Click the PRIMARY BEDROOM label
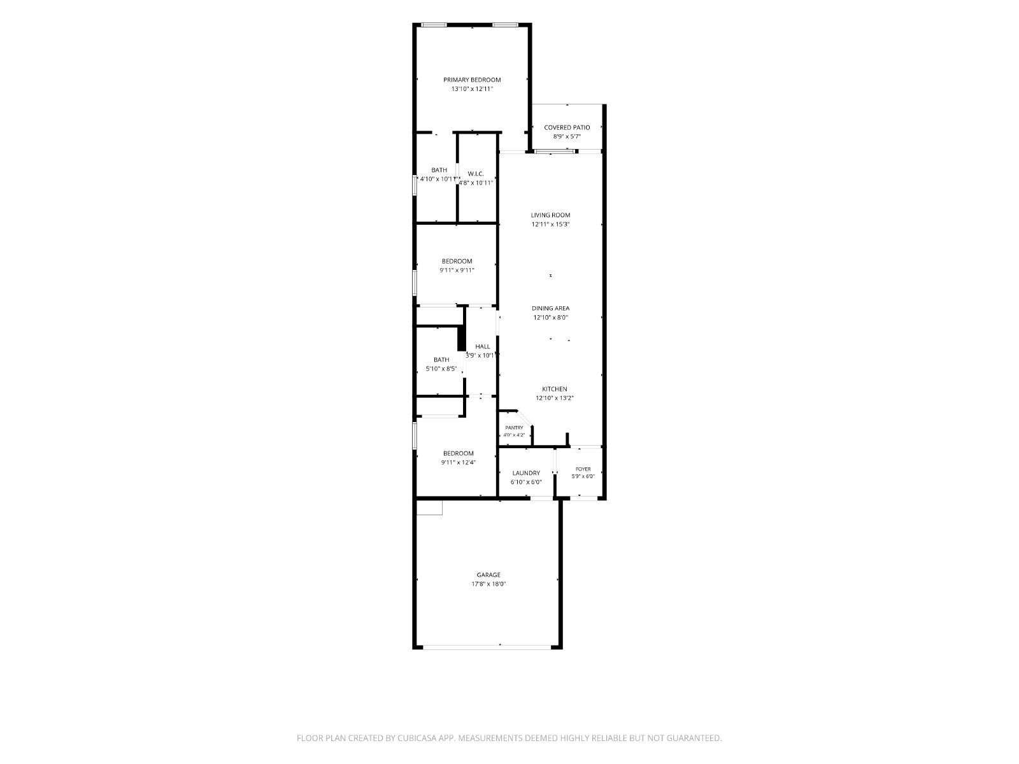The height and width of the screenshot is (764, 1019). point(472,80)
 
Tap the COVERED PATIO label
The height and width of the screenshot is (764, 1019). point(567,127)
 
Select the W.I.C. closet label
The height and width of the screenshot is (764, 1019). point(476,174)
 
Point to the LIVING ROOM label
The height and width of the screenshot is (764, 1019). point(551,215)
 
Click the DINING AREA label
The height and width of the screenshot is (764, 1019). point(551,309)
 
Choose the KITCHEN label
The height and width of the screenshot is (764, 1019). point(555,389)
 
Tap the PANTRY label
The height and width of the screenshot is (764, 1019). point(515,428)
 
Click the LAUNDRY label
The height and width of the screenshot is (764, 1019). point(527,473)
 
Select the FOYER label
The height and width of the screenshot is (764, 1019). point(583,469)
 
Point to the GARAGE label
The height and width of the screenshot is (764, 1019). point(488,575)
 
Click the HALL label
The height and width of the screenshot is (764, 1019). point(483,346)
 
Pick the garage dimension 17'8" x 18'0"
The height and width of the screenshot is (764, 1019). point(488,584)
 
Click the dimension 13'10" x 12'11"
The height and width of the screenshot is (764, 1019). point(472,88)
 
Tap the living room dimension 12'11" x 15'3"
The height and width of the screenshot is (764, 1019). point(551,224)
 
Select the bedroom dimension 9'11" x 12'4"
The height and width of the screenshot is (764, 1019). point(458,462)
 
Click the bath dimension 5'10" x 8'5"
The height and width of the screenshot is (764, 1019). point(441,369)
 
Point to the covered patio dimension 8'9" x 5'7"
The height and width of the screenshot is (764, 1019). point(567,136)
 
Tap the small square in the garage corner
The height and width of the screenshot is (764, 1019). point(429,508)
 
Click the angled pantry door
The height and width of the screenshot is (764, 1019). point(525,418)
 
